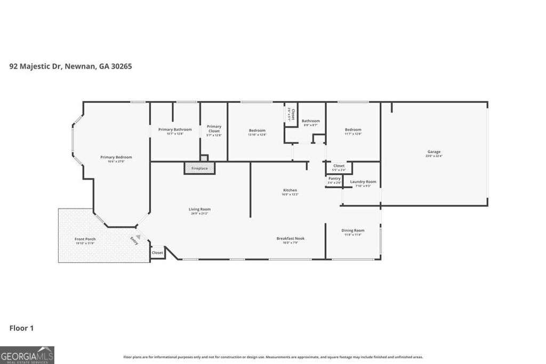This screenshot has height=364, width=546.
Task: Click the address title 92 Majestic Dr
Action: coord(70,67)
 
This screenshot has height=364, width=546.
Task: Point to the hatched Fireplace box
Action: coord(200,168)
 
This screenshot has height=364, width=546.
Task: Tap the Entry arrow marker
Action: coord(138,238)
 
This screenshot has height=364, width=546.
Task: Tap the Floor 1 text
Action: coord(21,328)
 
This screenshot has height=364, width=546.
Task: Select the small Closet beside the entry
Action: coord(157,253)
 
